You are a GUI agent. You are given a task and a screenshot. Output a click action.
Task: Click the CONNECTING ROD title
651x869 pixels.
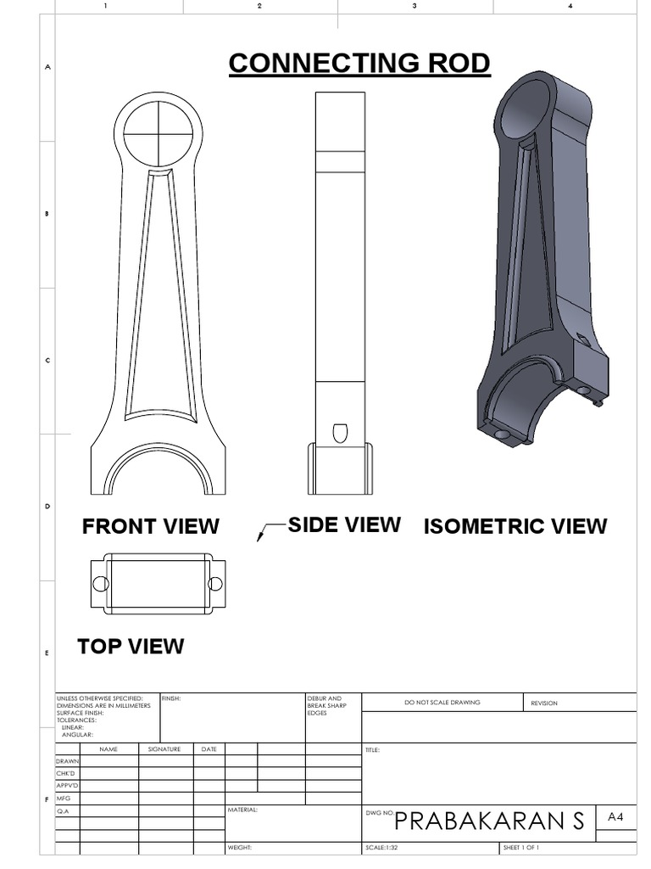pos(359,64)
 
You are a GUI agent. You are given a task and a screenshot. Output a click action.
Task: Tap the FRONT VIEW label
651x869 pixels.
pos(150,526)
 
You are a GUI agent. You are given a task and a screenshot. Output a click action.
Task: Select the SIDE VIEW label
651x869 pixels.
pos(344,524)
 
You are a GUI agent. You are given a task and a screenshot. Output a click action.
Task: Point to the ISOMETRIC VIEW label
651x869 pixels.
pos(515,526)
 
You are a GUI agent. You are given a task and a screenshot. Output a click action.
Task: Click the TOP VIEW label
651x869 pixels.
pos(131,647)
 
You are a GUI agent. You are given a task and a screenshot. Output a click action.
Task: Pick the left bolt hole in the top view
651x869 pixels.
pos(100,584)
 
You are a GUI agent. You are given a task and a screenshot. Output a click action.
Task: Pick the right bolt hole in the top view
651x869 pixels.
pos(215,584)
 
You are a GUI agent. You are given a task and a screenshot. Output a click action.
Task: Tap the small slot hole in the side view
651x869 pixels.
pos(339,431)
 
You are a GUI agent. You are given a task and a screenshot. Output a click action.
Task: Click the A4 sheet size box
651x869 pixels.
pos(615,817)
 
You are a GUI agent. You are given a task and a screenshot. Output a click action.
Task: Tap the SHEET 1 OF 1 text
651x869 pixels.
pos(521,848)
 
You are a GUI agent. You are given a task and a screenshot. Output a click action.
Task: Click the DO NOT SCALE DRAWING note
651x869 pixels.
pos(442,703)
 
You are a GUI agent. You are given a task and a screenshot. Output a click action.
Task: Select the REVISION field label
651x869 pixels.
pos(544,704)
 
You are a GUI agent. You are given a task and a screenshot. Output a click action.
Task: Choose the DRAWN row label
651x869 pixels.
pos(67,761)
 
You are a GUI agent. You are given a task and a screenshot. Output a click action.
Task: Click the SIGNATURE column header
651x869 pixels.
pos(165,749)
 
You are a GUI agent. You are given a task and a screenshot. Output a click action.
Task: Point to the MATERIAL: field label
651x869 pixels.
pos(242,810)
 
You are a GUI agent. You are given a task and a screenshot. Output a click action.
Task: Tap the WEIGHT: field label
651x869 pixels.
pos(240,848)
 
